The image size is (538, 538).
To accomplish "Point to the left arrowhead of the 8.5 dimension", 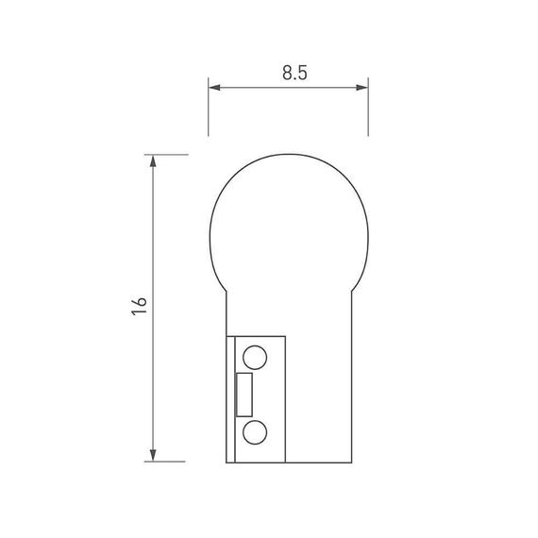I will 213,89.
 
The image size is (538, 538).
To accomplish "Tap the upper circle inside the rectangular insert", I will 254,357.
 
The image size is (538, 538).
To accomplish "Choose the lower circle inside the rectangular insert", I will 254,433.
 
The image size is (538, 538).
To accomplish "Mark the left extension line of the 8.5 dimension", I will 209,109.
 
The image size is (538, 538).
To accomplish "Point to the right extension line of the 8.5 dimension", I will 368,109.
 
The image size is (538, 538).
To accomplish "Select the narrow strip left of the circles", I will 230,396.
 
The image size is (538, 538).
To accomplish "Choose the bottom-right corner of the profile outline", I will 351,462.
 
